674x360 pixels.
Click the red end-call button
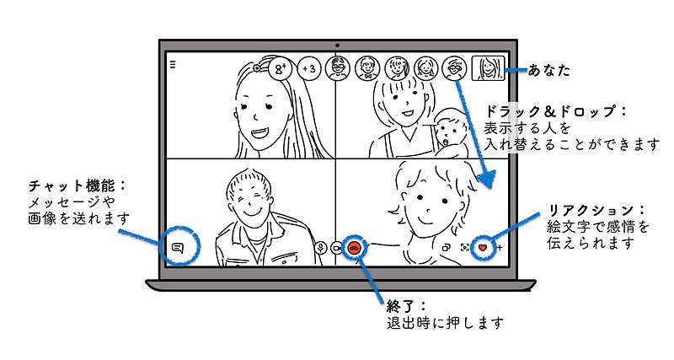(x=354, y=247)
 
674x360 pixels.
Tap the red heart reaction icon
(x=483, y=248)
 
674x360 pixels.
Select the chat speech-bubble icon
(x=178, y=248)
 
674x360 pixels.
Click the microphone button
(x=320, y=247)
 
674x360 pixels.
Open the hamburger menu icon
(x=173, y=65)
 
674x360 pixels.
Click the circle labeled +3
(x=309, y=68)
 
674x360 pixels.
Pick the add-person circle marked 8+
(x=281, y=68)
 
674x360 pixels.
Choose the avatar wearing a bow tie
(x=367, y=68)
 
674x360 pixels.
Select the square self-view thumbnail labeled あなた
(x=488, y=68)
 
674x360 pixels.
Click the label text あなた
(x=548, y=70)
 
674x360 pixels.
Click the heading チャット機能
(x=72, y=185)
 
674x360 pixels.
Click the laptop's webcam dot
(x=338, y=46)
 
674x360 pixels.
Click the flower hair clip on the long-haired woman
(x=257, y=67)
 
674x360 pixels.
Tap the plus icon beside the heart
(x=499, y=248)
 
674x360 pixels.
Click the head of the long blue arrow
(x=488, y=179)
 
